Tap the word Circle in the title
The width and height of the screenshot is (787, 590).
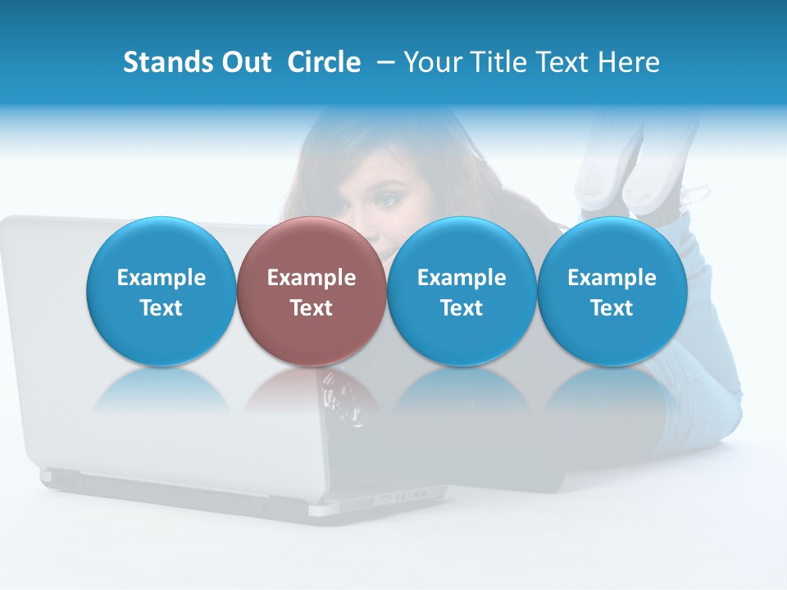(324, 62)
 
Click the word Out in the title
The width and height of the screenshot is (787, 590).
(247, 62)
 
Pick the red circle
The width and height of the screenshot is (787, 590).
(311, 290)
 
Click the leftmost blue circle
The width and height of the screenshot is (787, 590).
(161, 290)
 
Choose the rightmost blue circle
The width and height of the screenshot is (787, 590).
(612, 290)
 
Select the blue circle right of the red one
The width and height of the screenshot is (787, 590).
(462, 290)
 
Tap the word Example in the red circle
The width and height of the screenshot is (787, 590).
(312, 278)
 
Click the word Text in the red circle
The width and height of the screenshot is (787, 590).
(312, 308)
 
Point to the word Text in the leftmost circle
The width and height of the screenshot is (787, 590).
(161, 308)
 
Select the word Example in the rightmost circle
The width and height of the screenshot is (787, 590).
(612, 278)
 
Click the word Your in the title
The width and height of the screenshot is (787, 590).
(431, 62)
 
